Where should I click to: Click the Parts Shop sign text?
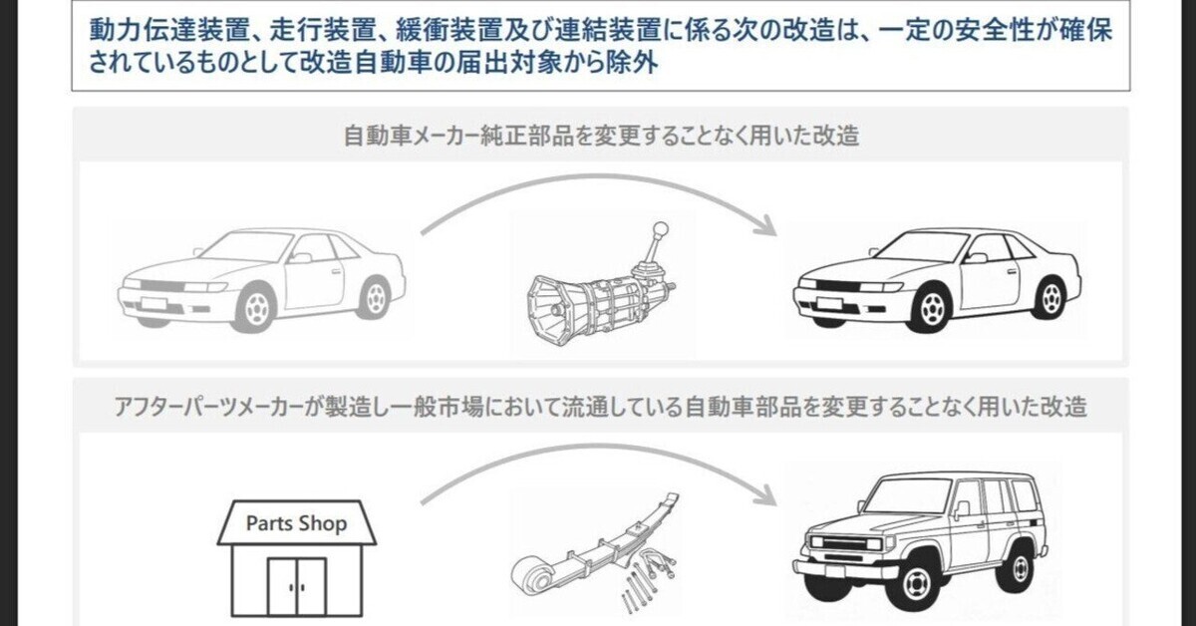[297, 523]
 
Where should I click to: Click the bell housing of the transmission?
[553, 310]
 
